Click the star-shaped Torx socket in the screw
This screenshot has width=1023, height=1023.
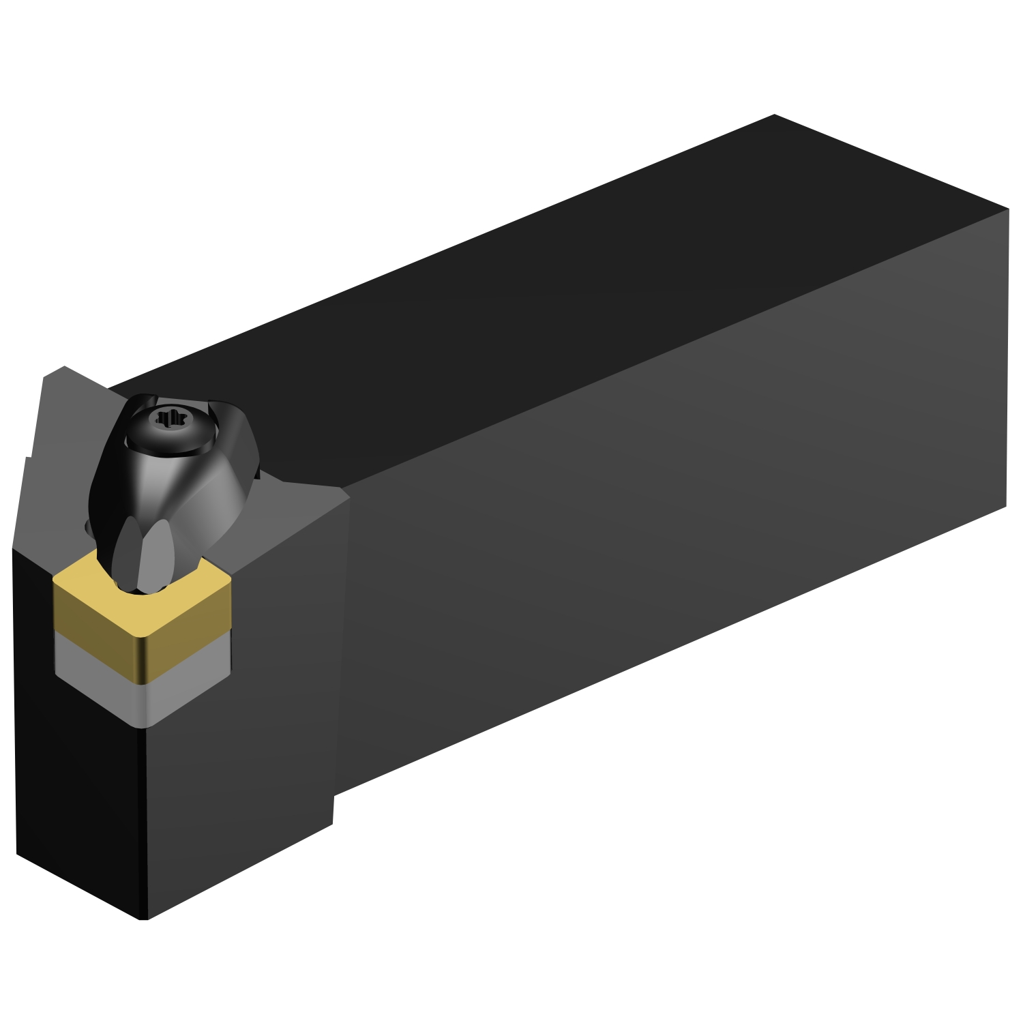point(166,417)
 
